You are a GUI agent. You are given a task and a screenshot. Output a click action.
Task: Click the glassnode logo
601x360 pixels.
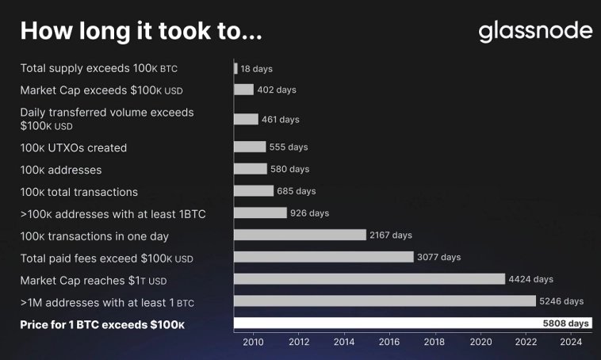(x=535, y=31)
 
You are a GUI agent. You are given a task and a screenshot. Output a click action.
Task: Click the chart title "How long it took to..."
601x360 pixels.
(x=140, y=31)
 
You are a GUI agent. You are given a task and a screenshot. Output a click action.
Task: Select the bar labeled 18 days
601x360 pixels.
(x=235, y=69)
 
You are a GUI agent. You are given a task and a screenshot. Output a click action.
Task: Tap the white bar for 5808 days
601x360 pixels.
(x=412, y=324)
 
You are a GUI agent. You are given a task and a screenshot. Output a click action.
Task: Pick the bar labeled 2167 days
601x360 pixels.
(x=300, y=235)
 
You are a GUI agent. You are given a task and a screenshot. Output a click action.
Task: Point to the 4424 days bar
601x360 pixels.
(x=369, y=279)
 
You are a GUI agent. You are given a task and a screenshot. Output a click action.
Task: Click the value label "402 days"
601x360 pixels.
(x=277, y=90)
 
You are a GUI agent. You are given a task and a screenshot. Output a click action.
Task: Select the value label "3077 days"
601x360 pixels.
(x=438, y=257)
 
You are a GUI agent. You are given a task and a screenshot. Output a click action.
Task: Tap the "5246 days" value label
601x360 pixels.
(x=561, y=301)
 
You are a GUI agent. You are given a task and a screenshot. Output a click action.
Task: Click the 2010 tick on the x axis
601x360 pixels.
(x=253, y=343)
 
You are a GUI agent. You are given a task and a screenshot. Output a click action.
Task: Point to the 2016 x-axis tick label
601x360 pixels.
(x=389, y=343)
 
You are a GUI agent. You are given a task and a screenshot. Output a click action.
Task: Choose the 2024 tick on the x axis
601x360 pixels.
(x=571, y=343)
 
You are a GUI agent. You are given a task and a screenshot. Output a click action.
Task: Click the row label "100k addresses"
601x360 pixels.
(x=61, y=170)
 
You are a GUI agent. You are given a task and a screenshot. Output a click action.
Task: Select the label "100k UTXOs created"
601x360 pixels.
(x=73, y=147)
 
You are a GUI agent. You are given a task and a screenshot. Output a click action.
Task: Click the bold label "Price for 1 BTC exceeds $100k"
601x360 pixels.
(x=102, y=325)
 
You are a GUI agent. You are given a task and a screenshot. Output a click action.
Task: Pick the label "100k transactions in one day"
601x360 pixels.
(x=94, y=236)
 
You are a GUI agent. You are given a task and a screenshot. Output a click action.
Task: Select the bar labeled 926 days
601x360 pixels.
(x=260, y=213)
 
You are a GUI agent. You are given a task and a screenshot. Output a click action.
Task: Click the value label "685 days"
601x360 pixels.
(x=297, y=191)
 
